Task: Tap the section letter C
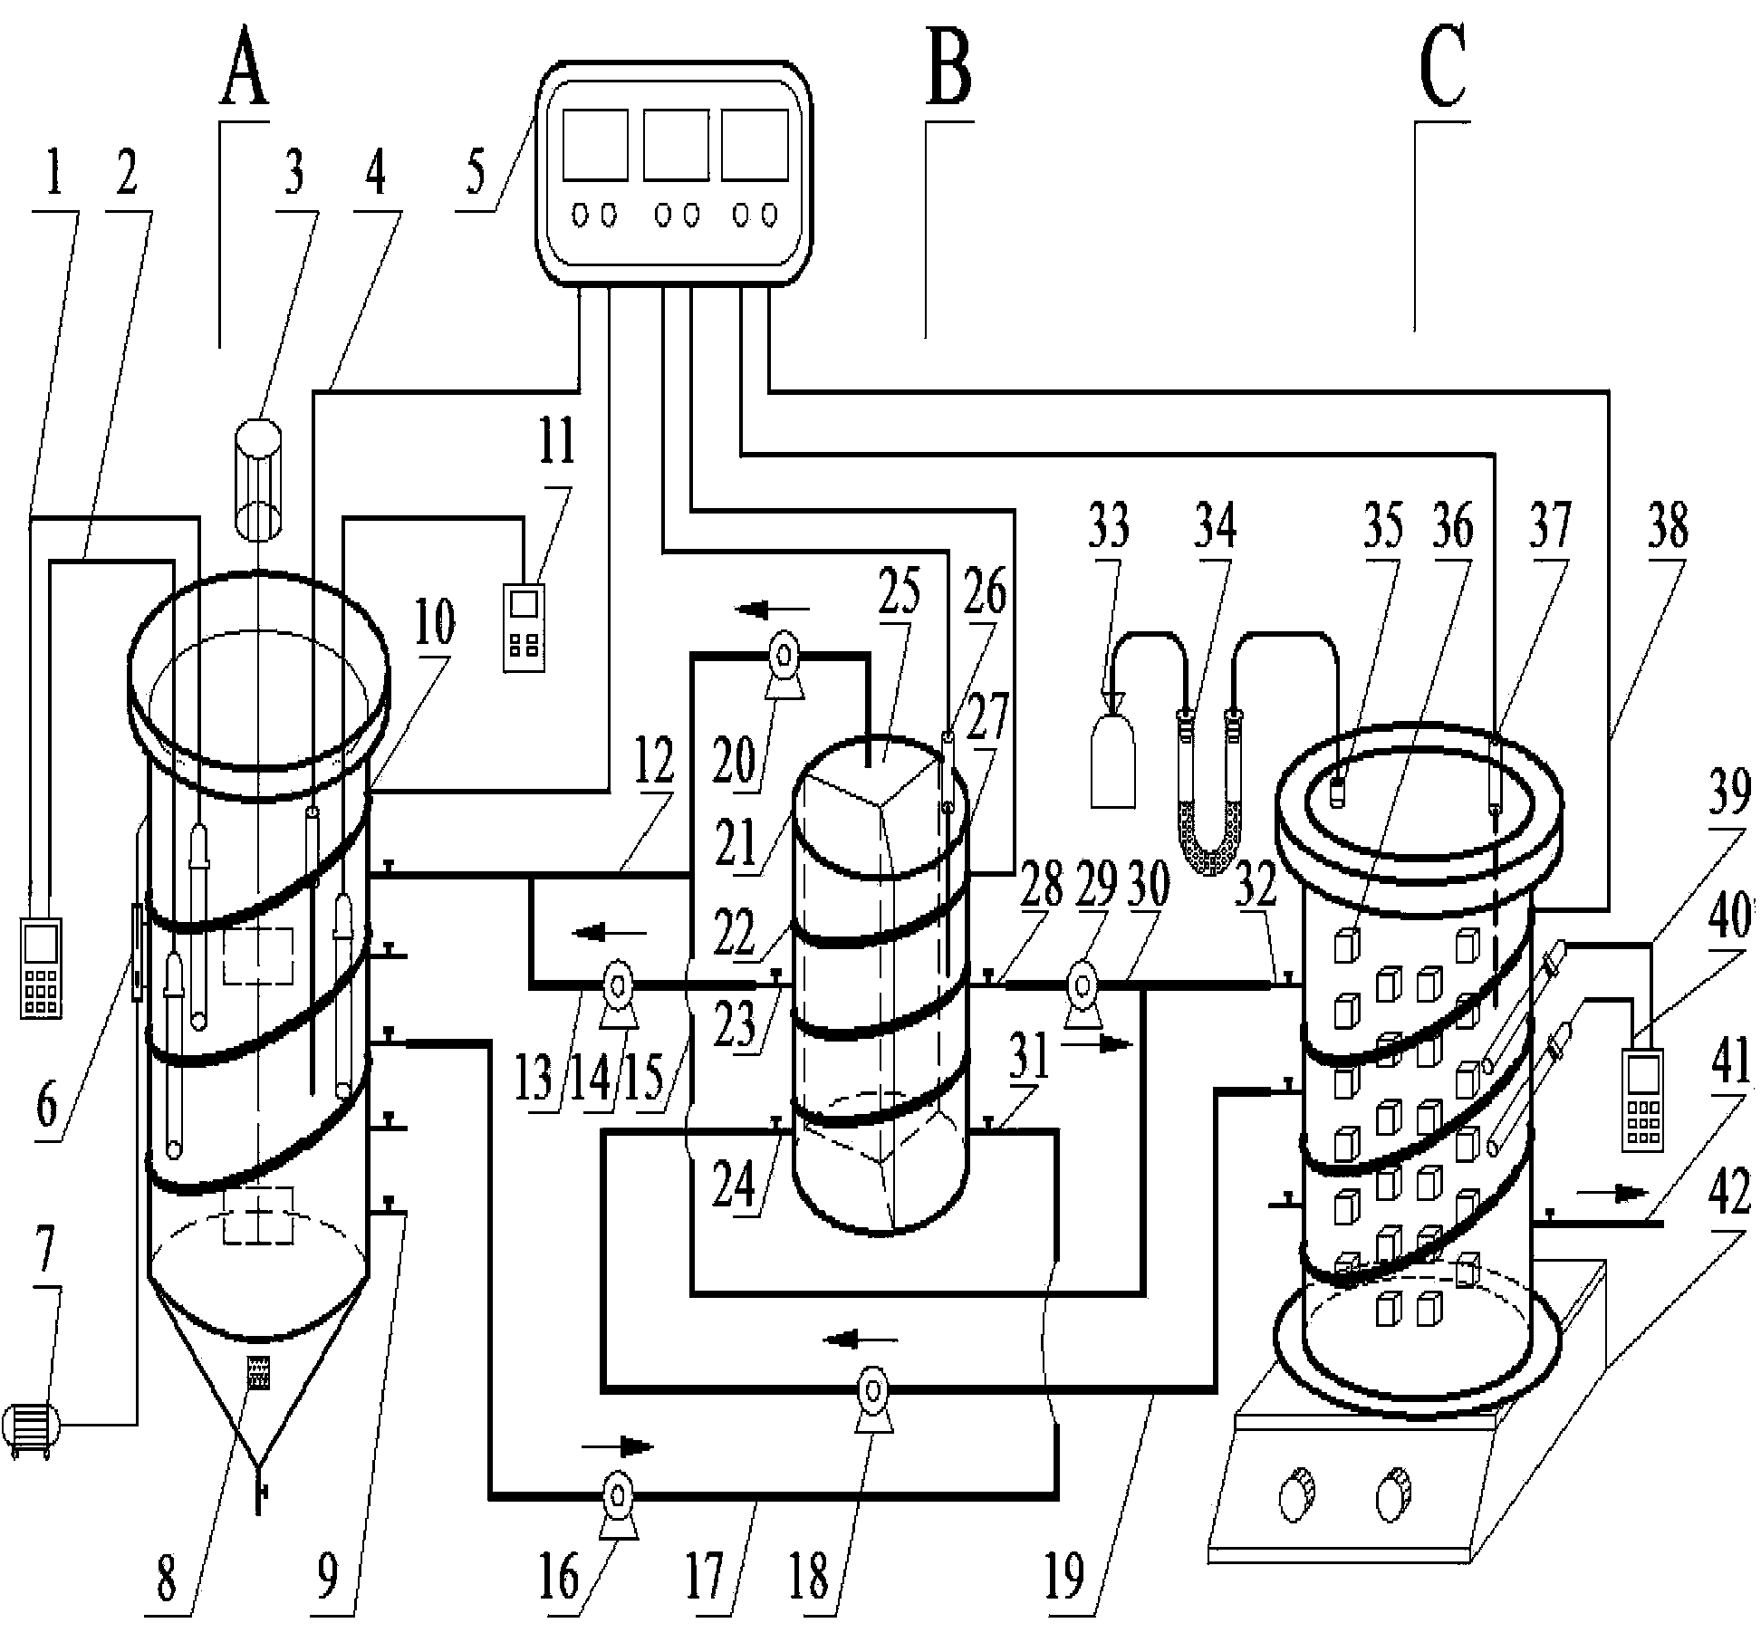tap(1442, 66)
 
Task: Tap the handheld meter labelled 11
tap(525, 628)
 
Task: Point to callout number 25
tap(900, 591)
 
